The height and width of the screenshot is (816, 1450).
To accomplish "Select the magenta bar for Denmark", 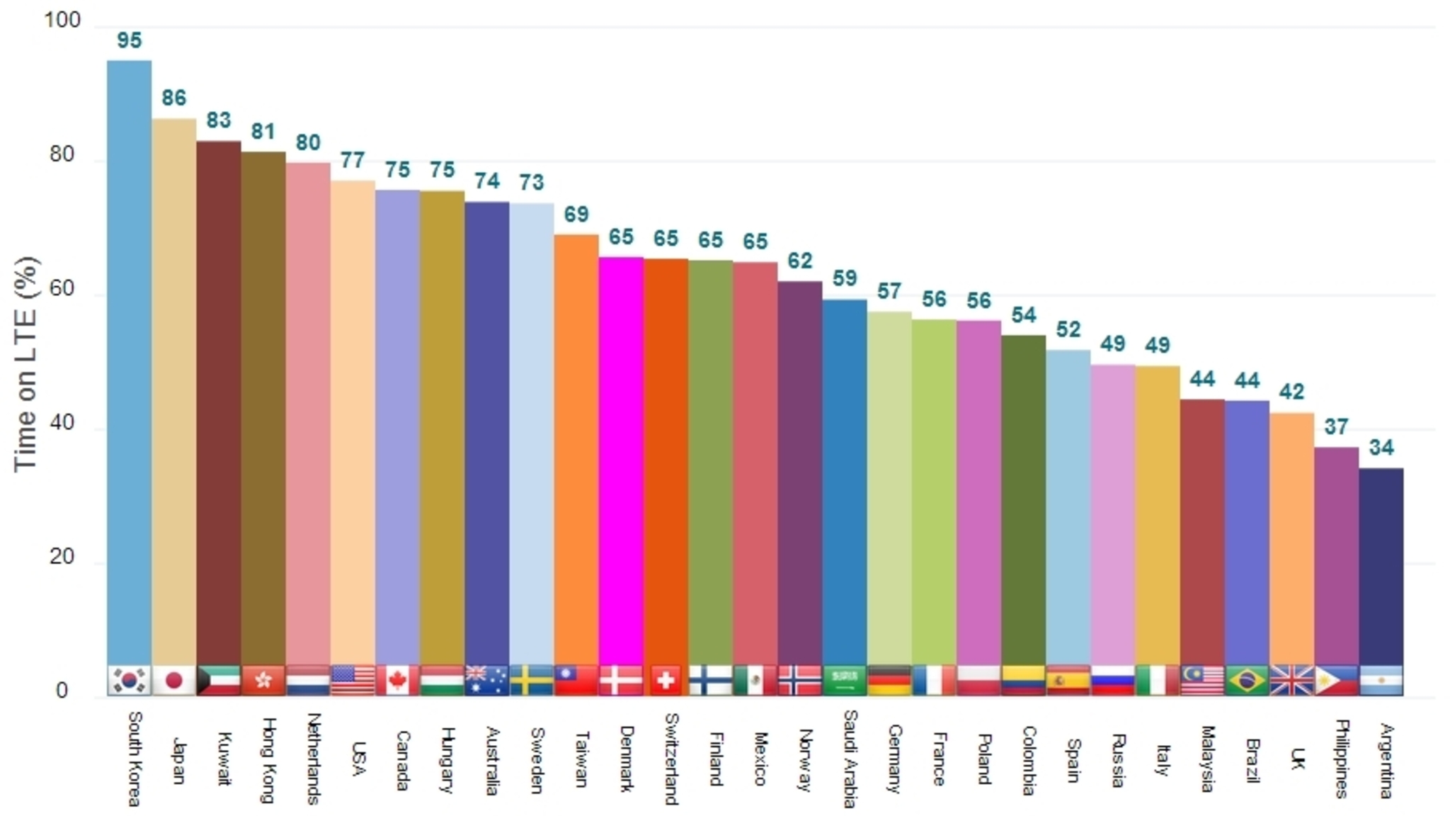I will coord(621,460).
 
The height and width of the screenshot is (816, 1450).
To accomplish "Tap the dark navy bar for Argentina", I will coord(1381,567).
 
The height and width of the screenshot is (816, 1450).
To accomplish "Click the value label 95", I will coord(129,40).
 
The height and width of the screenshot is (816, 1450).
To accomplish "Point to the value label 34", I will coord(1381,447).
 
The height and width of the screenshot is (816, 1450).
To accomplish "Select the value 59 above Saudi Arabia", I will coord(845,278).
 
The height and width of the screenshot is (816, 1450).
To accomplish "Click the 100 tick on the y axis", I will coord(62,20).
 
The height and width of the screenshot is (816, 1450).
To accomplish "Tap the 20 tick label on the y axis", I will coord(62,557).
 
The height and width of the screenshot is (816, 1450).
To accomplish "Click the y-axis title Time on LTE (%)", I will coord(25,363).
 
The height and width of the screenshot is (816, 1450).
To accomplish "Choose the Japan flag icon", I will coord(173,681).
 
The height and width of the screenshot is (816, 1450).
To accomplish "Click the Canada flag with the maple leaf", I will coord(397,681).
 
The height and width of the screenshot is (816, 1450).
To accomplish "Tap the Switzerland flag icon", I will coord(666,681).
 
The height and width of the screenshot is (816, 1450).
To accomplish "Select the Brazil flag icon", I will coord(1247,681).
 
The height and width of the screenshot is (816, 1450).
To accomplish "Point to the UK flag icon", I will coord(1291,681).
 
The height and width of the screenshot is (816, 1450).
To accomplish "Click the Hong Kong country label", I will coord(267,759).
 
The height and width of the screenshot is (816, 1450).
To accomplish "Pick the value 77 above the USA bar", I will coord(353,160).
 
